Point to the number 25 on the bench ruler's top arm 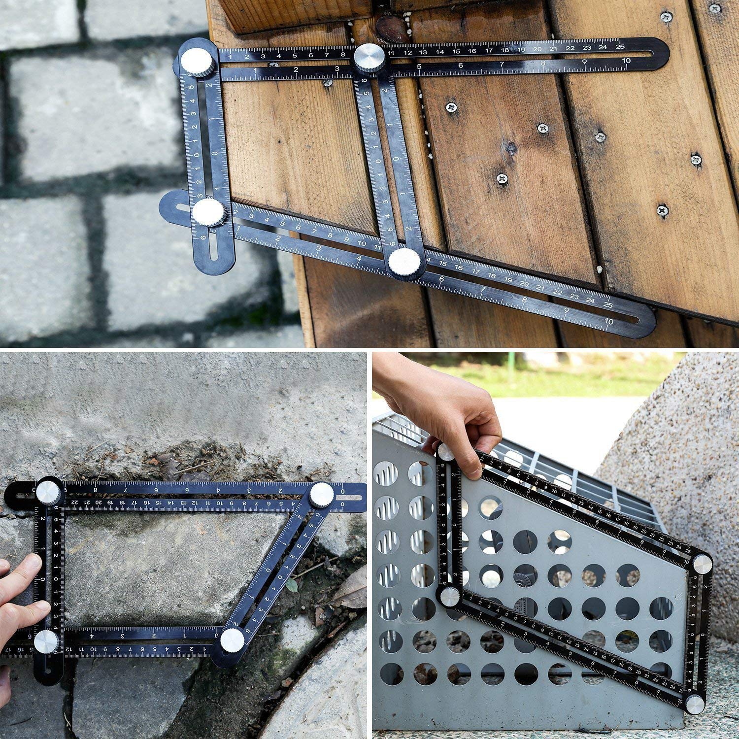pos(620,47)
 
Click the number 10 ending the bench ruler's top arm pos(626,61)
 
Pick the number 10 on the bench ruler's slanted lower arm pos(609,321)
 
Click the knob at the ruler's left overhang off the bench pos(209,213)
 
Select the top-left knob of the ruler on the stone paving pos(49,491)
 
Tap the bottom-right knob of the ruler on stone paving pos(233,639)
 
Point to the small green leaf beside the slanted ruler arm pos(292,585)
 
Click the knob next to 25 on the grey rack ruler pos(702,563)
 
